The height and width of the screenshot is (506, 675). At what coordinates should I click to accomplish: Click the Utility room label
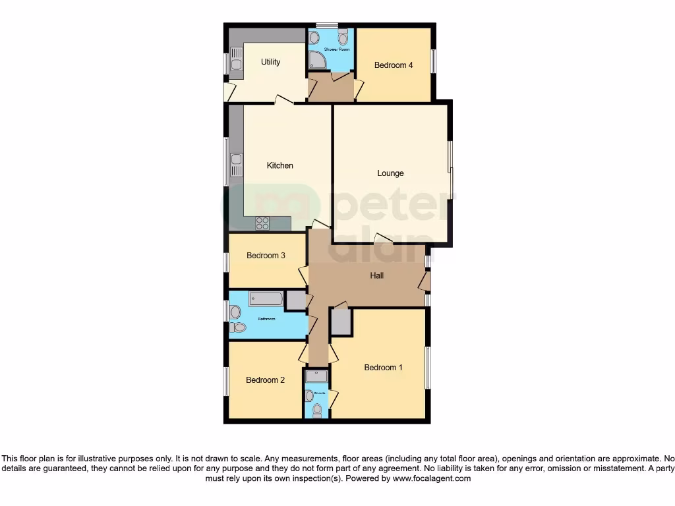tap(270, 62)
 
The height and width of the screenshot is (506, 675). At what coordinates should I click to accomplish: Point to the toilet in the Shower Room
tap(343, 38)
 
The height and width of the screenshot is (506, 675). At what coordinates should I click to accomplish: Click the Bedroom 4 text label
tap(394, 65)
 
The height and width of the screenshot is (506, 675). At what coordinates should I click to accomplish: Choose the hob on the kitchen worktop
tap(262, 223)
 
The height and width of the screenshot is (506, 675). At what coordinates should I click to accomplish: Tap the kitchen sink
tap(236, 159)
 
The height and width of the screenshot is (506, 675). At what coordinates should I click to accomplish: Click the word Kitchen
tap(279, 165)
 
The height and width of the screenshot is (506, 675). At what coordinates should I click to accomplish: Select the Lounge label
tap(390, 173)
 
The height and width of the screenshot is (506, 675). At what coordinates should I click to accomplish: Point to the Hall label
tap(377, 276)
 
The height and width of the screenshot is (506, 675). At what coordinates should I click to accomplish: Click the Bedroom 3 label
tap(266, 256)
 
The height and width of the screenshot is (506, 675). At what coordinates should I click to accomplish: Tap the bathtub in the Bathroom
tap(266, 299)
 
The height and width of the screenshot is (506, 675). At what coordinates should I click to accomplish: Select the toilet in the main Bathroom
tap(239, 327)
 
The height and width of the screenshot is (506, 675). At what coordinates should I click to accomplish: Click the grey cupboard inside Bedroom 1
tap(341, 322)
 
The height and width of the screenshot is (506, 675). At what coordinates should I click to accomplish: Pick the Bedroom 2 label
tap(265, 379)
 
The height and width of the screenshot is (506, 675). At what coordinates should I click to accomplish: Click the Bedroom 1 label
tap(383, 368)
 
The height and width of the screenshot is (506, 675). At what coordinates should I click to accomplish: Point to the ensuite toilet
tap(317, 410)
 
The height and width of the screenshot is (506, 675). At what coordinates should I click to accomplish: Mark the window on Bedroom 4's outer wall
tap(433, 61)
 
